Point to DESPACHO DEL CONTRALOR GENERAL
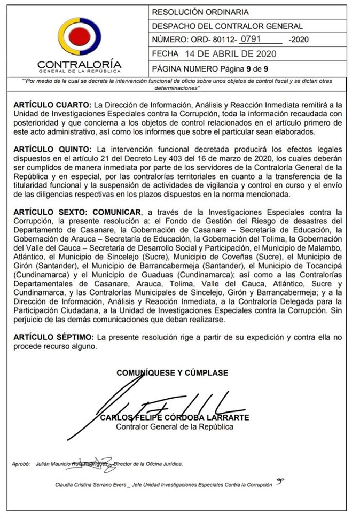[x=228, y=26]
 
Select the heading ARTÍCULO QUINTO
[x=51, y=149]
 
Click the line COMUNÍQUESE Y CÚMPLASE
[x=172, y=372]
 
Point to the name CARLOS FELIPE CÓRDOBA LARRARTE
[x=175, y=417]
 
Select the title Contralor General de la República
[x=175, y=427]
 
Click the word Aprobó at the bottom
[x=21, y=464]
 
